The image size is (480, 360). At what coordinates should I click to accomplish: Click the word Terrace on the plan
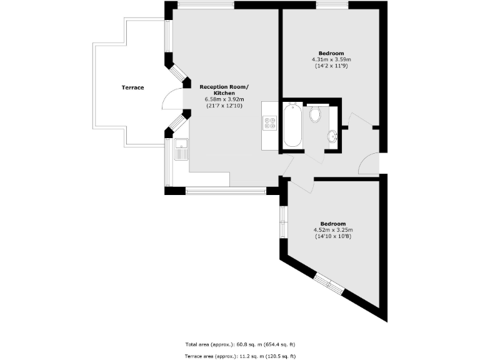click(x=132, y=87)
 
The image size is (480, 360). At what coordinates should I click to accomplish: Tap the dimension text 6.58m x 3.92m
click(x=224, y=99)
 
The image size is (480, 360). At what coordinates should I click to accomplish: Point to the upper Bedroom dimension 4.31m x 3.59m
click(x=332, y=59)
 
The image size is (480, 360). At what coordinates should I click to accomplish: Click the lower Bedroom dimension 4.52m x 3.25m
click(x=332, y=230)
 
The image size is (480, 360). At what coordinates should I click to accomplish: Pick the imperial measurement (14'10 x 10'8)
click(x=332, y=236)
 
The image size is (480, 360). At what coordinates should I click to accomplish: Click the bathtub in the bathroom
click(x=292, y=126)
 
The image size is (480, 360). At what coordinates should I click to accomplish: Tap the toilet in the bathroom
click(x=316, y=114)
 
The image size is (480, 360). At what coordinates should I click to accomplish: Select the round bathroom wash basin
click(x=332, y=136)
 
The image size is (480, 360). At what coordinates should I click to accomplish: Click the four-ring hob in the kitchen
click(x=271, y=122)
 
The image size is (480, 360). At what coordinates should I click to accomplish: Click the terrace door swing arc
click(x=169, y=100)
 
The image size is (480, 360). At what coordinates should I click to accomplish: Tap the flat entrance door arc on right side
click(x=367, y=164)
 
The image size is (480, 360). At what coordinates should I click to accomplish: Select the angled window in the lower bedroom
click(x=329, y=284)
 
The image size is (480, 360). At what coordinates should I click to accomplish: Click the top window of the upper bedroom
click(x=332, y=5)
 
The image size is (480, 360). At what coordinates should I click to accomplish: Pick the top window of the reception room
click(x=206, y=5)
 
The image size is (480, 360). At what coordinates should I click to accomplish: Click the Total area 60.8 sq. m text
click(x=239, y=344)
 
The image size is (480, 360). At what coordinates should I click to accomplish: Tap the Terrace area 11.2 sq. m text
click(x=239, y=356)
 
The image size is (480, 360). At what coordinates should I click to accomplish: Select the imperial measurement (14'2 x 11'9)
click(x=332, y=66)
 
